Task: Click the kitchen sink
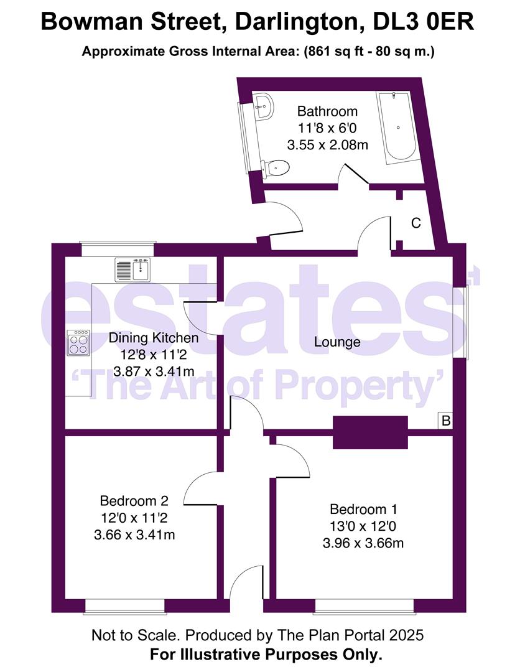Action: [x=132, y=269]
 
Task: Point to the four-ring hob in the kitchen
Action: [x=78, y=342]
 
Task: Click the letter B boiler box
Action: [x=445, y=421]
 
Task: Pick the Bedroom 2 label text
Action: [x=134, y=501]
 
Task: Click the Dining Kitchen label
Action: [x=154, y=338]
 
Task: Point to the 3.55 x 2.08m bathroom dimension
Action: [x=327, y=146]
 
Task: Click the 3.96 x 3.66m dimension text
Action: [x=363, y=543]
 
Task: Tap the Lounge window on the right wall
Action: [x=465, y=322]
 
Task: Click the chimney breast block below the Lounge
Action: [x=370, y=432]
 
